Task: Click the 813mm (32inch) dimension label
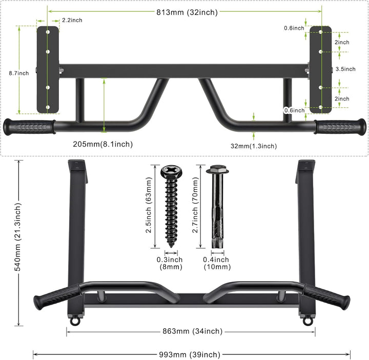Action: coord(187,12)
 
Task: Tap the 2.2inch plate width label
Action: coord(72,20)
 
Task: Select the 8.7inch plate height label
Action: coord(19,73)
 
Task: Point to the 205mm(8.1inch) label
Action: coord(103,144)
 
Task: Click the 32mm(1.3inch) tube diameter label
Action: coord(254,146)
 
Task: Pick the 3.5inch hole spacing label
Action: coord(345,69)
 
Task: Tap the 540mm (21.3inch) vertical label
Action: coord(18,237)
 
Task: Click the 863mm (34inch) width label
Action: coord(193,331)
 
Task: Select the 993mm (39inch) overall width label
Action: coord(190,354)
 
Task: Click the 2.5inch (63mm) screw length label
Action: coord(149,205)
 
